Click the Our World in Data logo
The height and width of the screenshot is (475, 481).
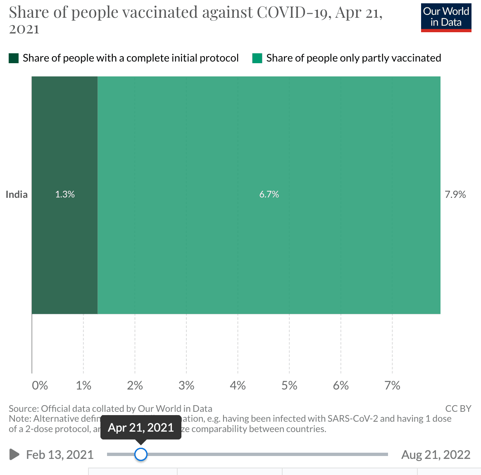click(446, 17)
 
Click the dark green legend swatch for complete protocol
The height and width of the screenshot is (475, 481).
click(14, 58)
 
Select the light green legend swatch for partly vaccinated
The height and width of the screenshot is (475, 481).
click(257, 58)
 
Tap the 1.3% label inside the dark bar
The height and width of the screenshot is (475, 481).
click(65, 195)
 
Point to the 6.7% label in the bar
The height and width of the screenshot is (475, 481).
click(269, 195)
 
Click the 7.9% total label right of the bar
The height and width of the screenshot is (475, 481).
click(455, 195)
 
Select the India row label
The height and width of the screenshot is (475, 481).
click(17, 195)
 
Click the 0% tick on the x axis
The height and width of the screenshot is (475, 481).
click(40, 385)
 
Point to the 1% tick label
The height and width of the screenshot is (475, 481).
click(83, 385)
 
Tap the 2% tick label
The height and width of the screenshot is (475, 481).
click(135, 385)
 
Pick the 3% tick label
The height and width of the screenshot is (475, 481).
click(186, 385)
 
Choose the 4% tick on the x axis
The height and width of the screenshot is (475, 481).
click(238, 385)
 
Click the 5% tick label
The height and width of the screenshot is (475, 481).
click(289, 385)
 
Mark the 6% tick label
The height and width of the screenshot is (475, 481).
click(341, 385)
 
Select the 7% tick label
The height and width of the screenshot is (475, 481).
click(392, 385)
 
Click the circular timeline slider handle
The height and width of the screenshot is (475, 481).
click(141, 454)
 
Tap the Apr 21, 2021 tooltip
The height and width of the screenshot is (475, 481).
click(141, 427)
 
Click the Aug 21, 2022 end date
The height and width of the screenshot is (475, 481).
click(436, 455)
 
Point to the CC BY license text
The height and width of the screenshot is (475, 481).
click(458, 408)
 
